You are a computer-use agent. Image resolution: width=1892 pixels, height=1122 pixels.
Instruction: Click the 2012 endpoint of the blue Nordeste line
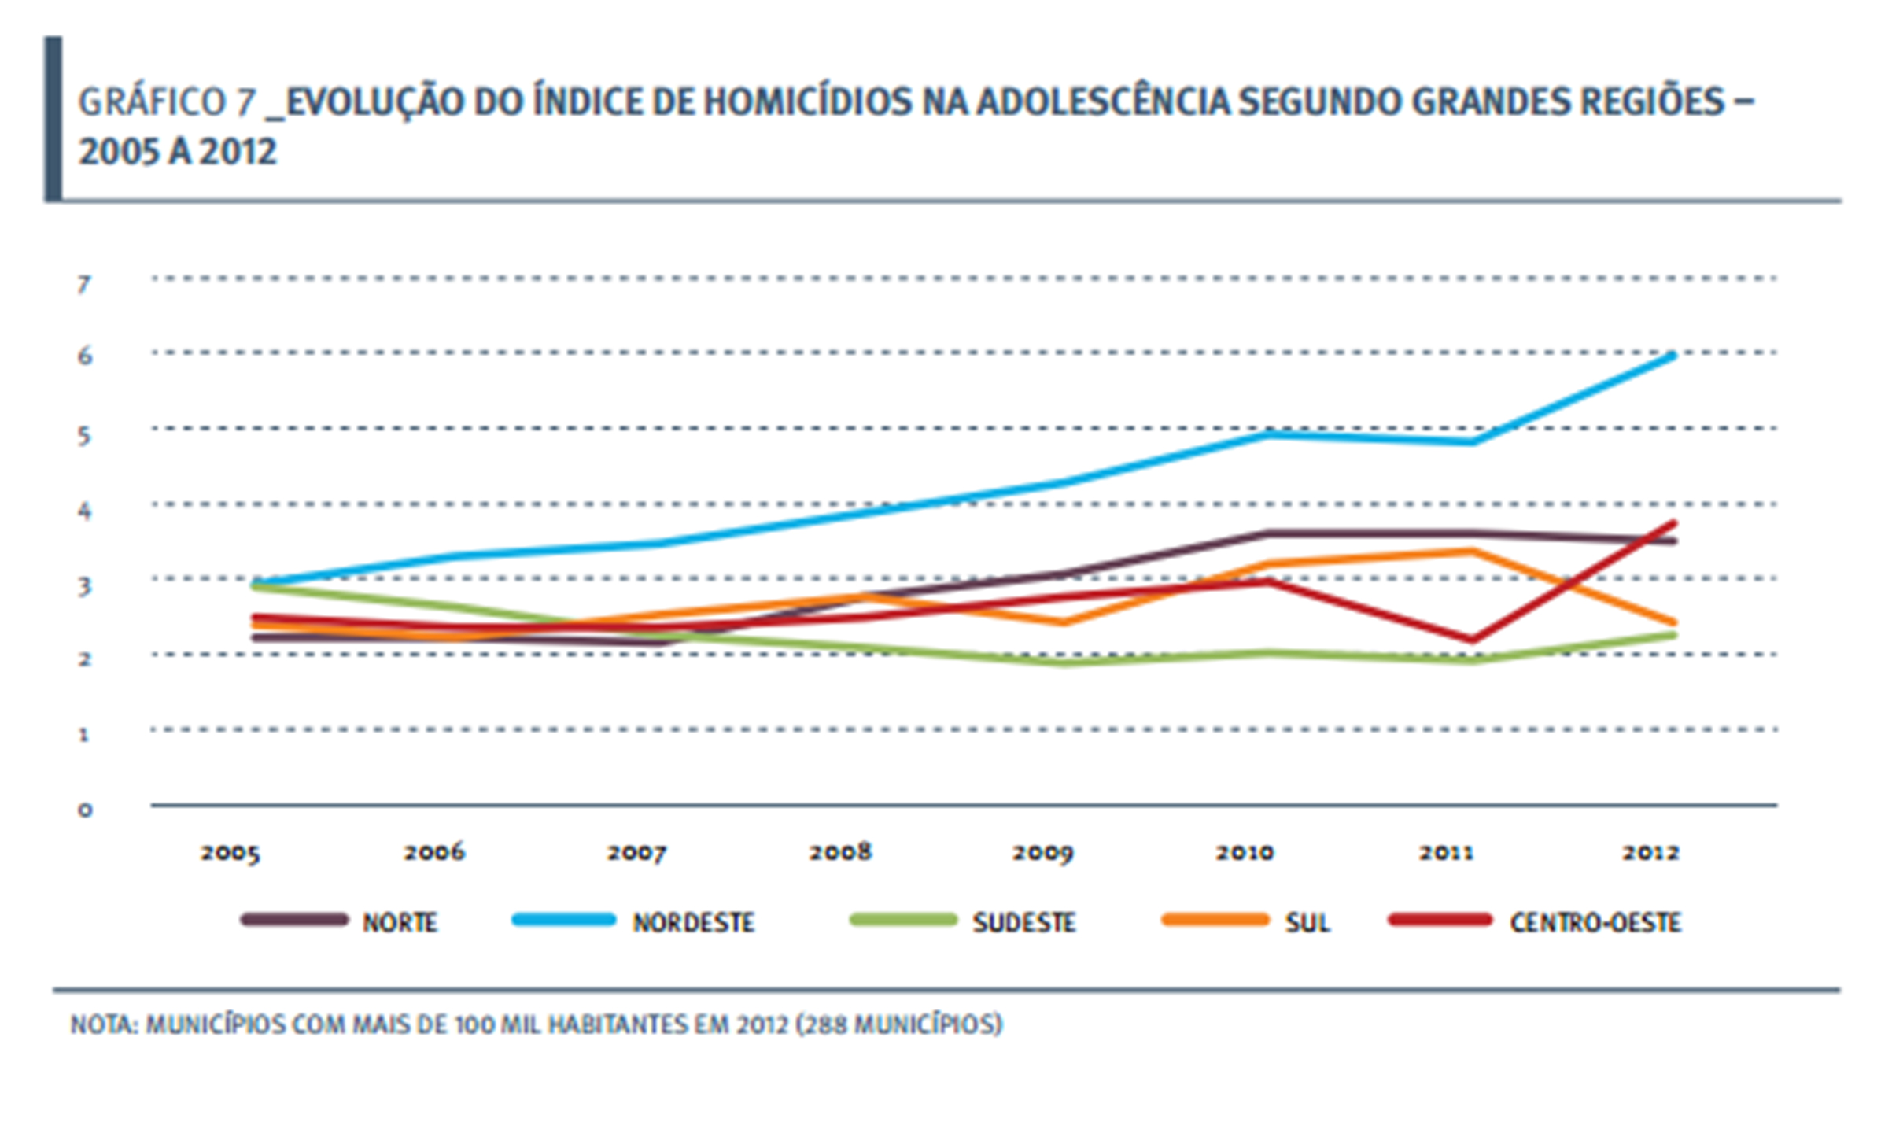point(1673,356)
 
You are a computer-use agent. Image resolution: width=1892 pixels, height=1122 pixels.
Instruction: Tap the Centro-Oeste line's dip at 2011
point(1470,639)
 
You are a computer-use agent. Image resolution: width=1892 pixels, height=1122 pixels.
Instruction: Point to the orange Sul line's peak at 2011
point(1470,551)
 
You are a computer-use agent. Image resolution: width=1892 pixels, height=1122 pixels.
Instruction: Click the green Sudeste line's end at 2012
point(1673,634)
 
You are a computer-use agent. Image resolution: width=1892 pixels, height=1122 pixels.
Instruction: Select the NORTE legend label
point(400,922)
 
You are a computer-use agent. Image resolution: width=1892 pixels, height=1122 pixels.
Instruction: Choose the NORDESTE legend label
point(693,922)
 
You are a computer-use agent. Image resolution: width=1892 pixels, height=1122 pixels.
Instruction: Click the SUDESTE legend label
point(1023,922)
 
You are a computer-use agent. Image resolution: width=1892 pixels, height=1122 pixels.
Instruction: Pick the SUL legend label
point(1307,922)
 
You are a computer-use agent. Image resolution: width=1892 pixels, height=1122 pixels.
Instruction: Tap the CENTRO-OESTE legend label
point(1595,922)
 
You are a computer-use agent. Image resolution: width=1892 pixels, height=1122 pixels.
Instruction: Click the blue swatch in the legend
point(563,920)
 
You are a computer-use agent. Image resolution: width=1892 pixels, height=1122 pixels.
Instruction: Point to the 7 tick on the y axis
point(84,284)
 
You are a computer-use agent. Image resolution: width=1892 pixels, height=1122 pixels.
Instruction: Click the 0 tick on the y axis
point(84,810)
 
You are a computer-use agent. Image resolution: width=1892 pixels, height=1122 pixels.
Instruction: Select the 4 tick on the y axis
point(84,511)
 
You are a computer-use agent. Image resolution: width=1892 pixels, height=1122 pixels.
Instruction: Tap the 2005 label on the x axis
point(230,853)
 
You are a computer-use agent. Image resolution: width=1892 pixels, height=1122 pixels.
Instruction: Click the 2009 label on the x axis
point(1042,853)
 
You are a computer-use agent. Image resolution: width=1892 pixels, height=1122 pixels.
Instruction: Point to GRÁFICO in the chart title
point(152,103)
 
